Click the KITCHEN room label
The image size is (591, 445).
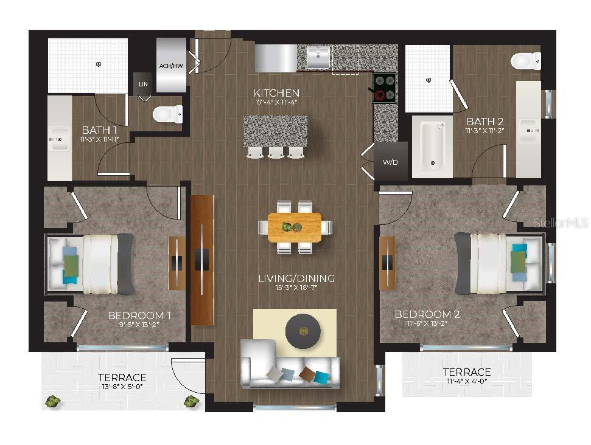pyautogui.click(x=276, y=93)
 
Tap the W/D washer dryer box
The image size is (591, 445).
pyautogui.click(x=390, y=162)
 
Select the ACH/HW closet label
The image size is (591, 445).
pyautogui.click(x=170, y=66)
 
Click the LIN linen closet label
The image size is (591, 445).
pyautogui.click(x=144, y=84)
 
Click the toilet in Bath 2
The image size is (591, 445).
pyautogui.click(x=525, y=61)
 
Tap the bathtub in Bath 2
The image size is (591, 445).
pyautogui.click(x=432, y=147)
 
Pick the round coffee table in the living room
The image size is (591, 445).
pyautogui.click(x=304, y=331)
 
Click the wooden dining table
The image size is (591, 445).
pyautogui.click(x=295, y=227)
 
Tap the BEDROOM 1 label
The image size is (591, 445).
pyautogui.click(x=139, y=316)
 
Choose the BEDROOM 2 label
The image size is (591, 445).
pyautogui.click(x=427, y=314)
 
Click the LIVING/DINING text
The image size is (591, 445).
pyautogui.click(x=296, y=278)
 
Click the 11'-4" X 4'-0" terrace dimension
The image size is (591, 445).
pyautogui.click(x=467, y=382)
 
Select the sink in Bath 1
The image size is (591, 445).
pyautogui.click(x=59, y=140)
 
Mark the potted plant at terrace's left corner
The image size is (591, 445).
pyautogui.click(x=53, y=401)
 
